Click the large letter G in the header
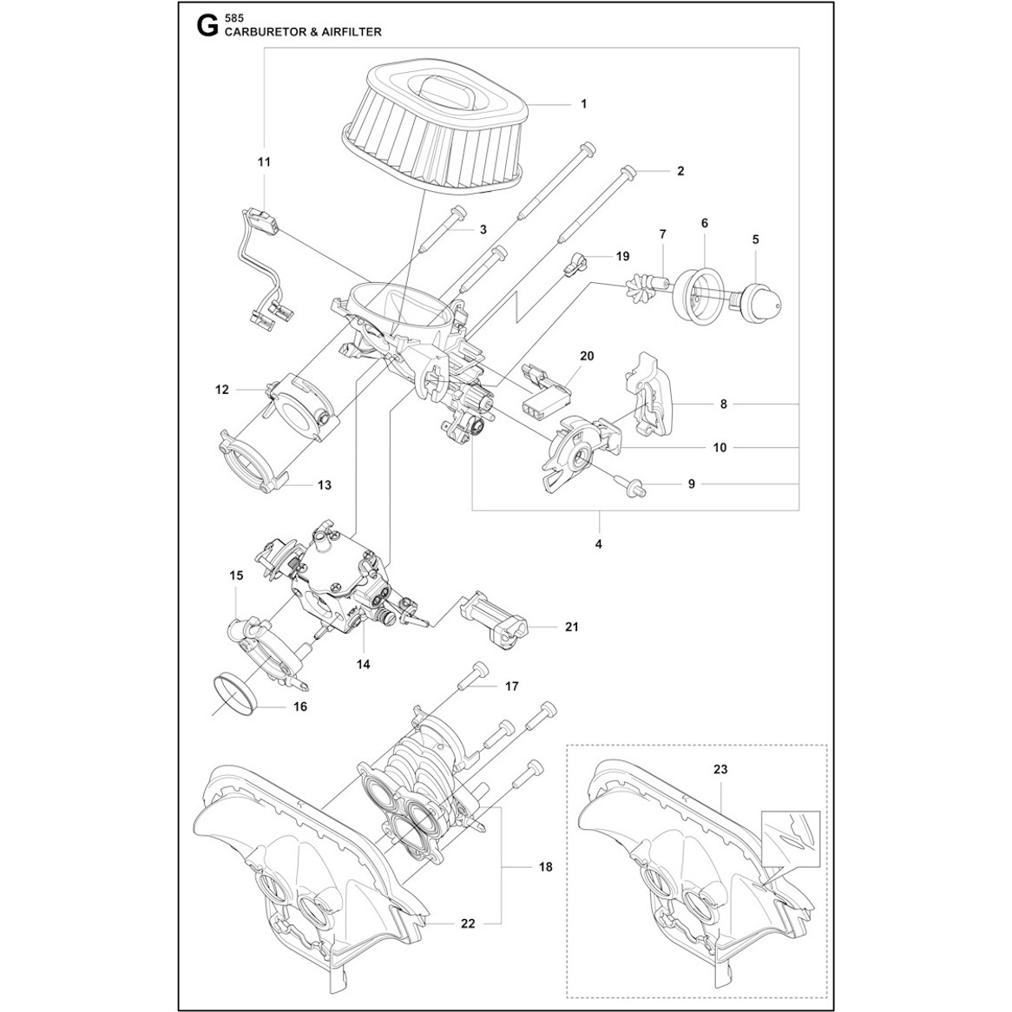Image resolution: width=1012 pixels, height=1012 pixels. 207,25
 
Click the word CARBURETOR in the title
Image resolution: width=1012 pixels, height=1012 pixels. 262,31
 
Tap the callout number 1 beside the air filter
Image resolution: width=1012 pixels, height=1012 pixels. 583,103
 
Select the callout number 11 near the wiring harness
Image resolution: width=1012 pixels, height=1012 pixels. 264,162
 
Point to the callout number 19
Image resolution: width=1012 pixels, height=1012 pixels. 622,256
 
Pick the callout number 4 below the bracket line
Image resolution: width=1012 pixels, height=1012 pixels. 599,544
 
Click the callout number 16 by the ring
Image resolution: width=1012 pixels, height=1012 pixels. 300,706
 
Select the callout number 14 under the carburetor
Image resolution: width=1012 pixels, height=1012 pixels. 362,664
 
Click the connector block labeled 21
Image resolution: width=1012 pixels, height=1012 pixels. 495,614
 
